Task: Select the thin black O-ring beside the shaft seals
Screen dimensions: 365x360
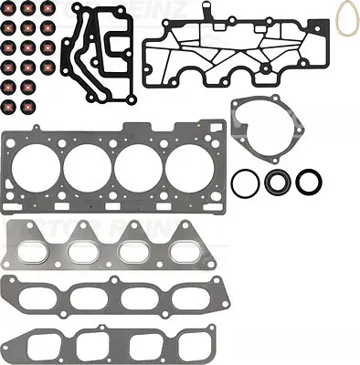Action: click(x=244, y=182)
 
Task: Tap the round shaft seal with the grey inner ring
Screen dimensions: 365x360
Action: click(x=278, y=182)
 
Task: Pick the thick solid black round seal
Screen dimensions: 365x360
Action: click(x=311, y=181)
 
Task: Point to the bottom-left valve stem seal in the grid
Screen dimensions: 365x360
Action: click(x=8, y=106)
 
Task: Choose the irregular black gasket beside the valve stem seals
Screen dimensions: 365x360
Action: click(x=92, y=55)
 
